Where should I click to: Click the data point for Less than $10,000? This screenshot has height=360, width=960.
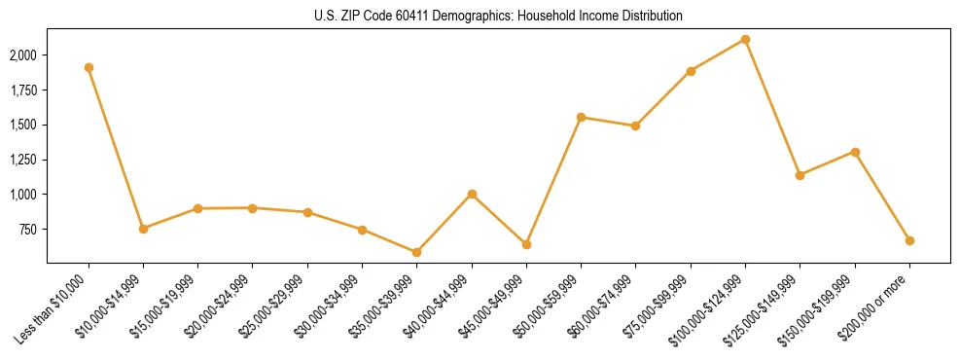coord(89,68)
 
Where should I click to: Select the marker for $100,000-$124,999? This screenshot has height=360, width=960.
coord(745,39)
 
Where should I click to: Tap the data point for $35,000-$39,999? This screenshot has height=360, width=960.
coord(416,252)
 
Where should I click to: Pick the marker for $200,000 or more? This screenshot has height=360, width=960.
coord(909,240)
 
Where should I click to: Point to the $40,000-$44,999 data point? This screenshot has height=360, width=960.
coord(472,194)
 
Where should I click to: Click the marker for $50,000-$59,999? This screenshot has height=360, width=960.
coord(581,117)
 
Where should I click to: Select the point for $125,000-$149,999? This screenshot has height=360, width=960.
coord(800,175)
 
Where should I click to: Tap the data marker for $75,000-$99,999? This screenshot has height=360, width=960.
coord(691,71)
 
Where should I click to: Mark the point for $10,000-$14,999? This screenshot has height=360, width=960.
coord(143,229)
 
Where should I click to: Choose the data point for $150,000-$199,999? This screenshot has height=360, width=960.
coord(855,152)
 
